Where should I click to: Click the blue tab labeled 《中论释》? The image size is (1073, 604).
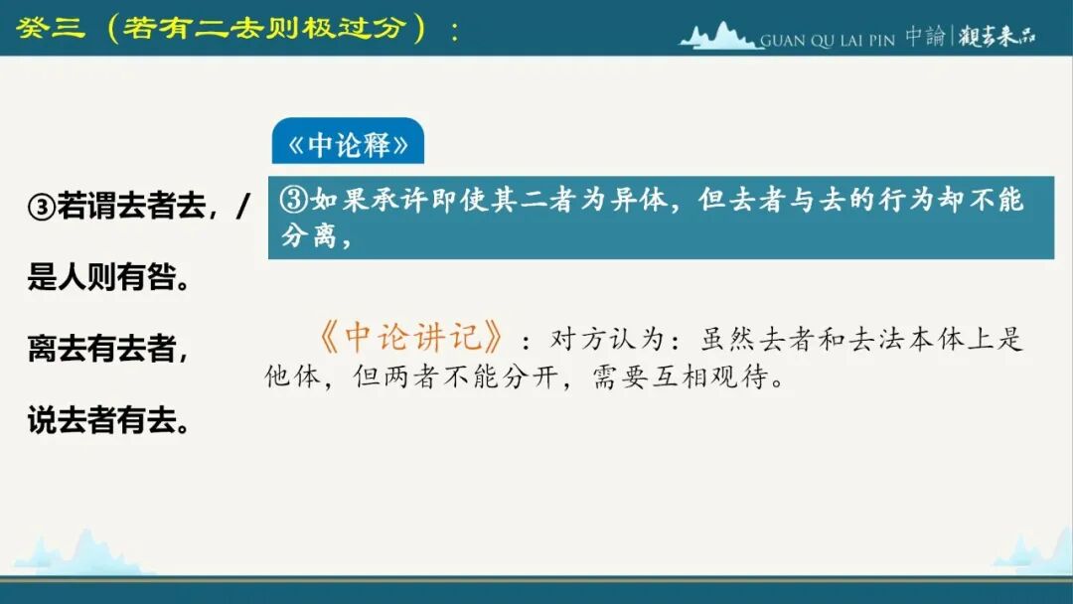point(348,141)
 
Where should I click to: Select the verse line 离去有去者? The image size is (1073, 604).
point(108,348)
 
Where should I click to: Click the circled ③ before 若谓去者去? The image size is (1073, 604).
point(41,207)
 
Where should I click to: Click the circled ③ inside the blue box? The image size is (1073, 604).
point(294,200)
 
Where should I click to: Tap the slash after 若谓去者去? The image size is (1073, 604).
point(242,206)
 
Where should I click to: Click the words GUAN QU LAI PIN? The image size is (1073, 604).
point(828,41)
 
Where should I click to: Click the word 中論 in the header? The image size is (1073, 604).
point(925,36)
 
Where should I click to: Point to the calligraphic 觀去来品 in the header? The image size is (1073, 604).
point(996,36)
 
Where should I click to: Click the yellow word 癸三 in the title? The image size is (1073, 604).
point(51,28)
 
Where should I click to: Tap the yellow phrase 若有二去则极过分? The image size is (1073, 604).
point(266,28)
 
